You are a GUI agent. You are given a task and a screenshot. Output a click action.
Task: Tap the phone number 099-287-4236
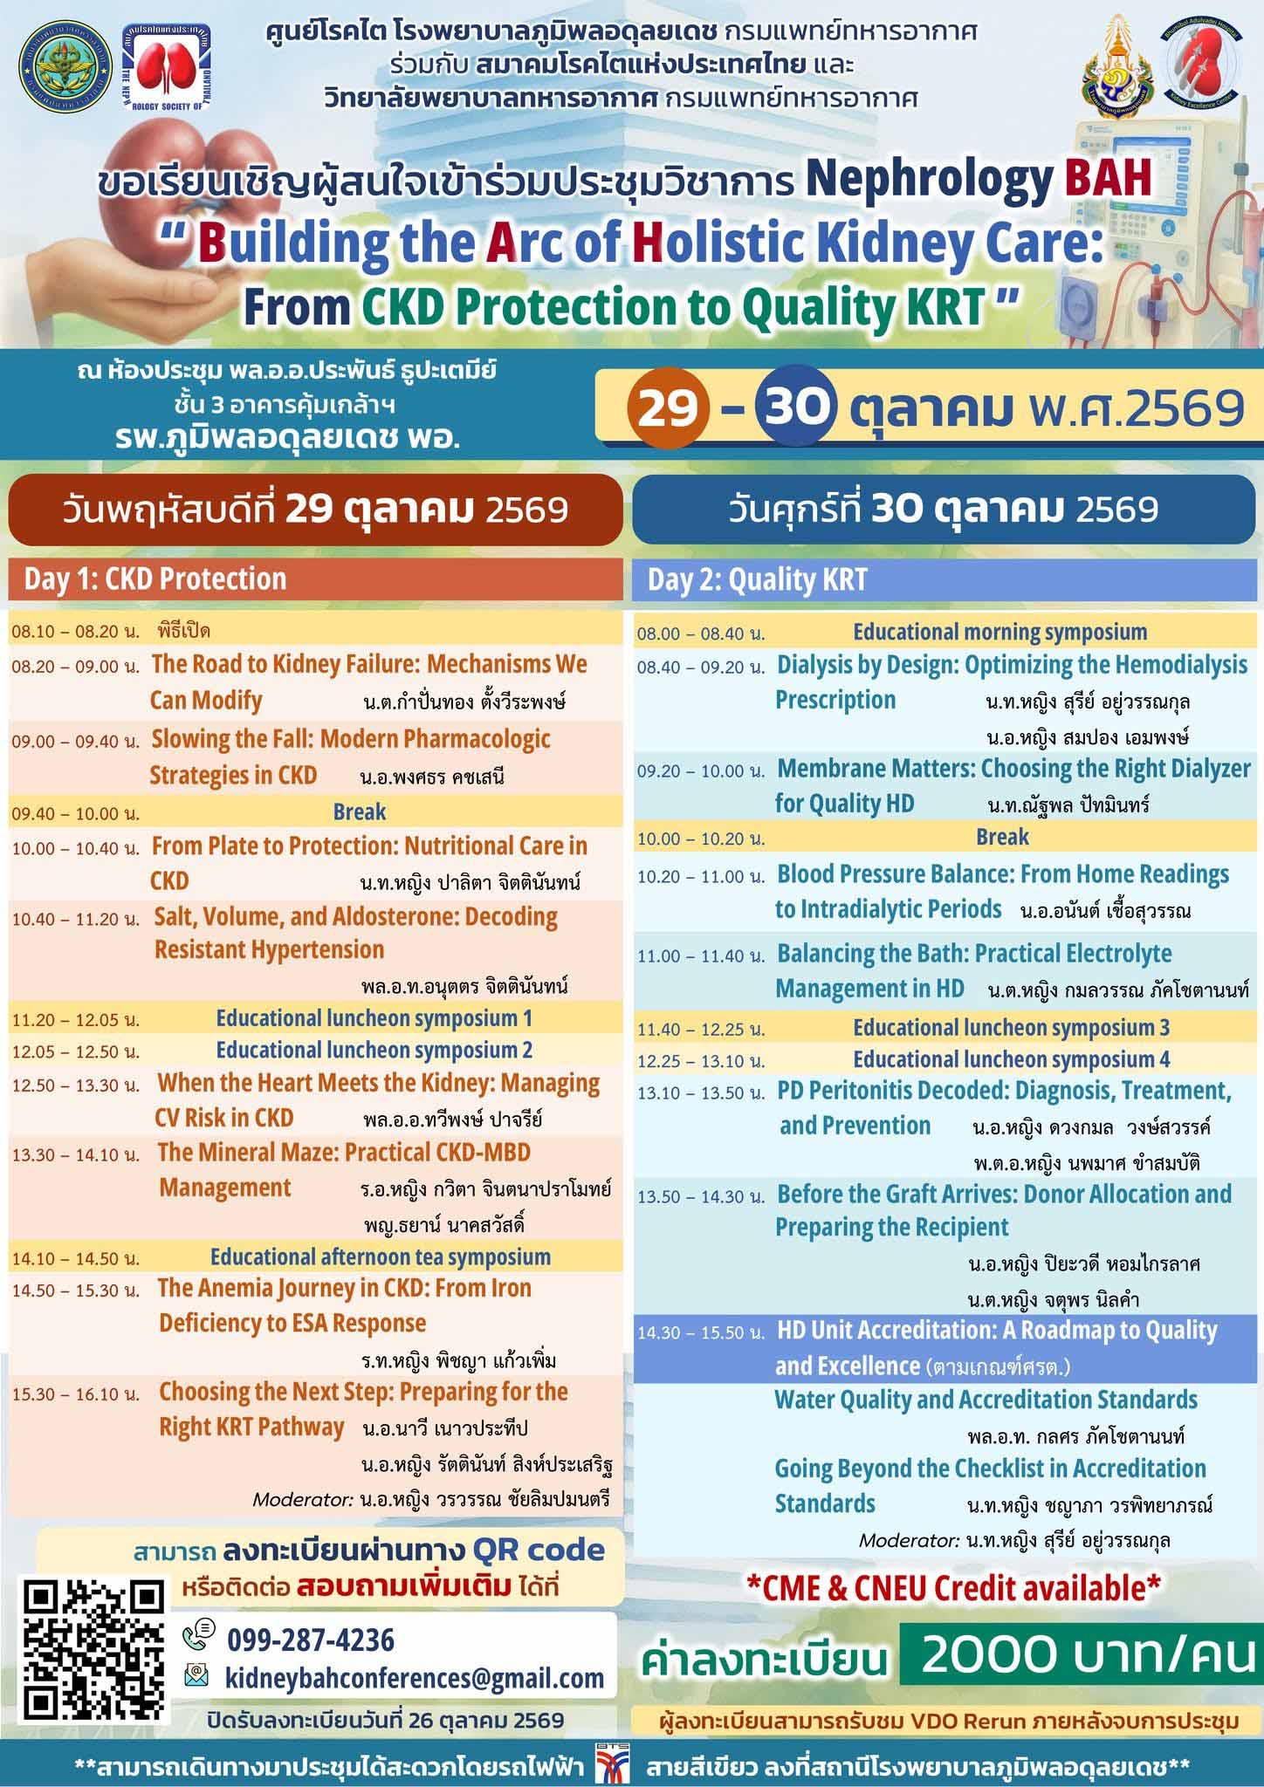click(x=311, y=1640)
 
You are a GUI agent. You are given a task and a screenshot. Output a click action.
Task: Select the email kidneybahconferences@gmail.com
click(x=415, y=1677)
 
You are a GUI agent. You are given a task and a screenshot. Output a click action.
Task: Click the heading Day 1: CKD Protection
click(x=155, y=579)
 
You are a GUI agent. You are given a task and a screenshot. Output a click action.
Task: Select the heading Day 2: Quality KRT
click(x=758, y=580)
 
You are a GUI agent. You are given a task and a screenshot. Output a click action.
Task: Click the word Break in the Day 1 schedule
click(x=360, y=812)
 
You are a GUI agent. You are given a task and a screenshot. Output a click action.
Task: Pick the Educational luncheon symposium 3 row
click(x=1012, y=1028)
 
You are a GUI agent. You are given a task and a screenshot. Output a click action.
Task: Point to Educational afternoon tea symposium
click(x=381, y=1256)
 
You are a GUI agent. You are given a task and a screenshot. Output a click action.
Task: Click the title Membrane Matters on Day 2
click(x=876, y=769)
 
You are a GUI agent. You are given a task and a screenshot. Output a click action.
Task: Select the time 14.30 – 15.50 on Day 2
click(x=702, y=1333)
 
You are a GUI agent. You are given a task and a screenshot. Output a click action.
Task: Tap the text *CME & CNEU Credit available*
click(x=953, y=1587)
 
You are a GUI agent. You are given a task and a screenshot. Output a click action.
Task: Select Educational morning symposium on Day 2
click(x=1000, y=632)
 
